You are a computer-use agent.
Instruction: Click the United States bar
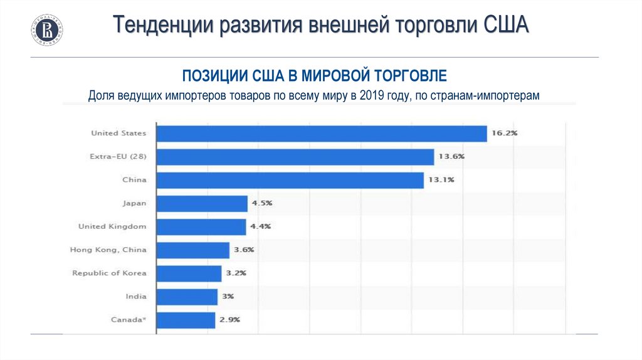[x=321, y=134]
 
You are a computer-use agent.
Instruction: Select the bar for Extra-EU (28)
[x=295, y=157]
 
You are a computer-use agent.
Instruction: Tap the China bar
[x=290, y=180]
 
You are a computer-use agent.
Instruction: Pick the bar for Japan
[x=201, y=203]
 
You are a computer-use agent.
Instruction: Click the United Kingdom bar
[x=201, y=226]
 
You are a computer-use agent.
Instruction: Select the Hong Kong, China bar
[x=192, y=250]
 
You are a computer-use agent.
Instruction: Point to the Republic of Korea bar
[x=189, y=273]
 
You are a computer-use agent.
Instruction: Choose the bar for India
[x=186, y=297]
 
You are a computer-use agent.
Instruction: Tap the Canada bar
[x=186, y=320]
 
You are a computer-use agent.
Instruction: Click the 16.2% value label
[x=505, y=134]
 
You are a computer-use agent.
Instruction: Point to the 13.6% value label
[x=451, y=157]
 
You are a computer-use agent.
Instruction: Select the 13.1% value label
[x=441, y=180]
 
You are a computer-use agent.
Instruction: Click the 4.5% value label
[x=262, y=203]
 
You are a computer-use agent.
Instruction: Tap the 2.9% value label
[x=229, y=320]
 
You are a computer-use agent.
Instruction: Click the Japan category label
[x=134, y=203]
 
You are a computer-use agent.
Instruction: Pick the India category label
[x=136, y=297]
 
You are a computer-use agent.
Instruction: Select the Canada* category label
[x=129, y=320]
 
